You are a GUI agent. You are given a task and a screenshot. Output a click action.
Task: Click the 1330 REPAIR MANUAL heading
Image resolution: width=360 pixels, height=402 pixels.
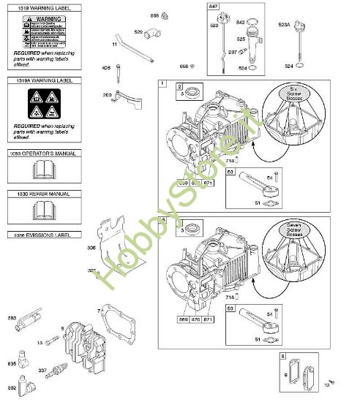pos(38,194)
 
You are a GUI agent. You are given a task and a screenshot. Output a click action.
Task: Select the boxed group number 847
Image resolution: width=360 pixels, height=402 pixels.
pos(214,7)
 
